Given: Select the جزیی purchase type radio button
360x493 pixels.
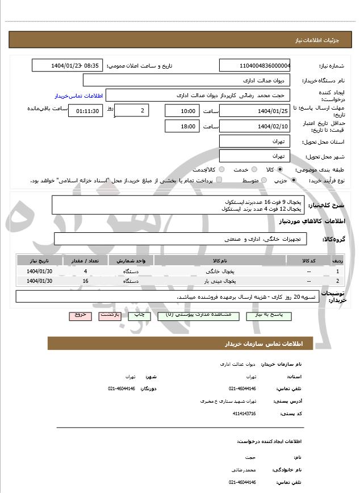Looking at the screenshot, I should point(293,180).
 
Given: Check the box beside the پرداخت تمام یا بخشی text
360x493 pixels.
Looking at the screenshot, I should point(219,180).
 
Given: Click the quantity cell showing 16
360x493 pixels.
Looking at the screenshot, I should point(85,281).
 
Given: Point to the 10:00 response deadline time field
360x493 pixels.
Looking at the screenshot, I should point(182,111).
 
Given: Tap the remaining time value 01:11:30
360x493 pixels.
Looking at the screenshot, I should point(85,111).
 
